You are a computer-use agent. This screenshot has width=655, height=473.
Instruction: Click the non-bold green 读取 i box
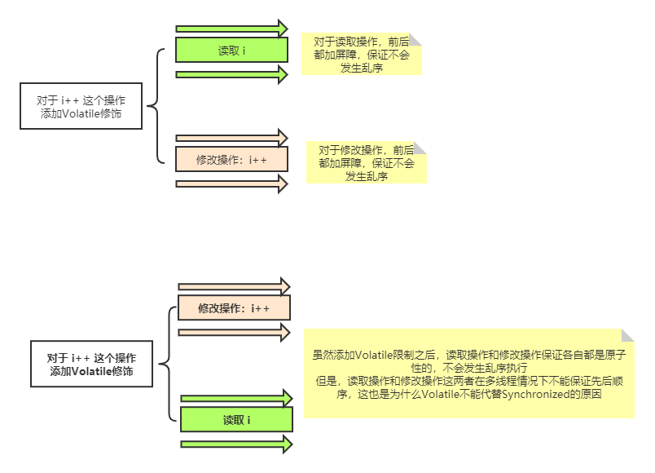click(x=232, y=51)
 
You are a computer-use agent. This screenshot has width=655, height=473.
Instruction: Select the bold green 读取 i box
click(x=236, y=420)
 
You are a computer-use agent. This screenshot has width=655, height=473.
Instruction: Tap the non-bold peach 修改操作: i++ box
click(x=232, y=159)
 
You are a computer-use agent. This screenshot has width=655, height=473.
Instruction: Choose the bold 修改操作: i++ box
click(x=234, y=309)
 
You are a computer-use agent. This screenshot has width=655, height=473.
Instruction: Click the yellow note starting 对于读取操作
click(x=362, y=55)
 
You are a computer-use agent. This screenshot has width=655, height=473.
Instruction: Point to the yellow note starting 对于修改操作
click(x=367, y=162)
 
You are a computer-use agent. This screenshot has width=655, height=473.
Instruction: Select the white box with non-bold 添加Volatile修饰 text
click(x=81, y=106)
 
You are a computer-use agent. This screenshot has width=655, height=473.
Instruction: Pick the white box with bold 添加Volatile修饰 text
click(x=91, y=364)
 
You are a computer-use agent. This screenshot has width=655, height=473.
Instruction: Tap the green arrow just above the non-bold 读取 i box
click(x=232, y=29)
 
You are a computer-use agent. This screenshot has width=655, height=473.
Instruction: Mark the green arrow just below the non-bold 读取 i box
click(x=232, y=75)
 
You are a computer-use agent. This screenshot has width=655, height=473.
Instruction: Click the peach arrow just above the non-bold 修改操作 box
click(x=232, y=137)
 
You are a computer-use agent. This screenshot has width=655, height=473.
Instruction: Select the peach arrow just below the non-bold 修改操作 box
click(x=232, y=183)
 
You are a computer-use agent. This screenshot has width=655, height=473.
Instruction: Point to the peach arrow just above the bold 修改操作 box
click(x=234, y=286)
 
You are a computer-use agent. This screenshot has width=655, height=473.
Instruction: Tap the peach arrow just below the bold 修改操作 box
click(x=234, y=333)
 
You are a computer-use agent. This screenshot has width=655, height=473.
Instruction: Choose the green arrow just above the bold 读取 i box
click(x=236, y=398)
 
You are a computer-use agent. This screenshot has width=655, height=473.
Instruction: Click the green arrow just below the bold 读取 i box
click(x=236, y=444)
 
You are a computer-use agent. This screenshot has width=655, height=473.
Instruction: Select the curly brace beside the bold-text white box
click(x=166, y=364)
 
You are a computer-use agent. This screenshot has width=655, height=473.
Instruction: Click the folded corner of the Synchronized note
click(x=627, y=336)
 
